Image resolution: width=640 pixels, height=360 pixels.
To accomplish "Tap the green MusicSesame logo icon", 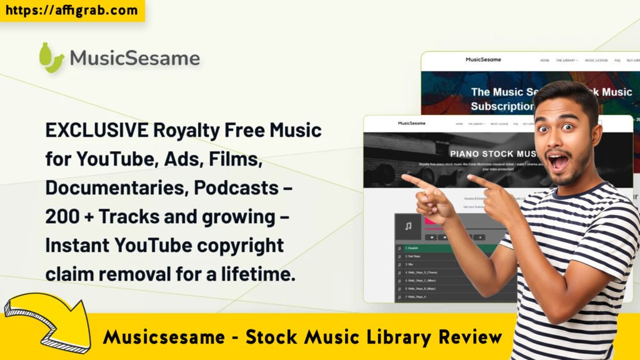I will [51, 57].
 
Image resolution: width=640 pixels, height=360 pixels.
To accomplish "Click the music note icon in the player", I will [407, 227].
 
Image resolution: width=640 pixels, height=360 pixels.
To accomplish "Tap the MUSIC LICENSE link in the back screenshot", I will [596, 61].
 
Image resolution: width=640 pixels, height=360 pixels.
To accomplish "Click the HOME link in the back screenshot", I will [544, 61].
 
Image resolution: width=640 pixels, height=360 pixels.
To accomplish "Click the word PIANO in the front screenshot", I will [469, 153].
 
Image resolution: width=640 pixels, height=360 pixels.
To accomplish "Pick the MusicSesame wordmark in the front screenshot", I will [411, 123].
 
